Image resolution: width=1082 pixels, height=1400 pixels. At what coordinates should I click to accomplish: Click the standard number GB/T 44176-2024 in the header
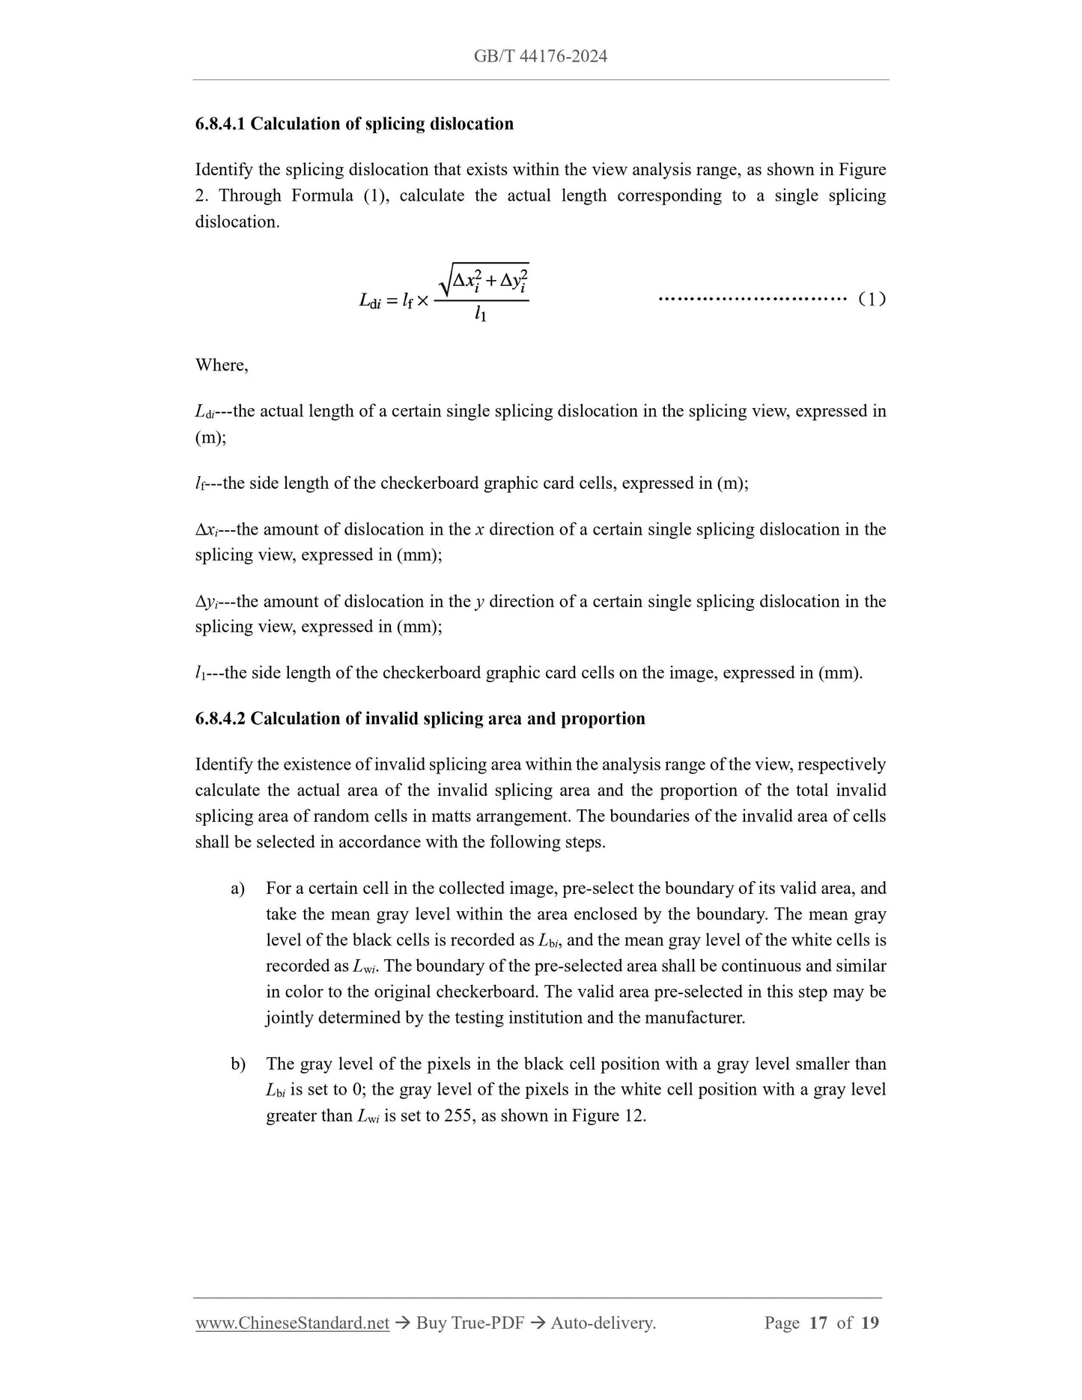pyautogui.click(x=540, y=56)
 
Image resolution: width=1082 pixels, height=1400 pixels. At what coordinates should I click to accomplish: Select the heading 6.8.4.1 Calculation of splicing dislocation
pyautogui.click(x=354, y=124)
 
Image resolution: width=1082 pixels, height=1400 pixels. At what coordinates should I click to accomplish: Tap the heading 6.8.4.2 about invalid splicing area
pyautogui.click(x=419, y=719)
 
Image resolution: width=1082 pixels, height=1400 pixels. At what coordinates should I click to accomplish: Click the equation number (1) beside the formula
pyautogui.click(x=872, y=299)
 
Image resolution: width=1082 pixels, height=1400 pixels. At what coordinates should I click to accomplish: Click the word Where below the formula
pyautogui.click(x=221, y=365)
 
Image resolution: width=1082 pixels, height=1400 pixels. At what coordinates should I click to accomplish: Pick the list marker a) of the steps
pyautogui.click(x=238, y=889)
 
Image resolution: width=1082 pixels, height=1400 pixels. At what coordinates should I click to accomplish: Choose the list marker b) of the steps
pyautogui.click(x=238, y=1065)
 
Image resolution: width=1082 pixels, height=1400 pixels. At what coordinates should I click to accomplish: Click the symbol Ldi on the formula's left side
pyautogui.click(x=370, y=301)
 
